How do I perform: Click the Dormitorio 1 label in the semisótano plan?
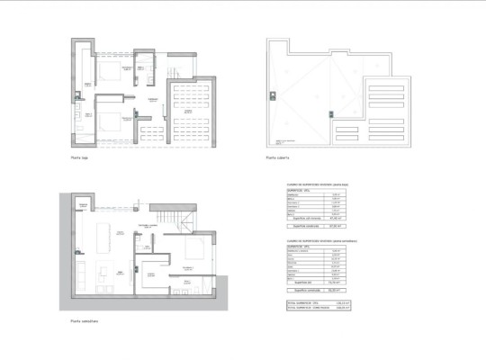189,267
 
